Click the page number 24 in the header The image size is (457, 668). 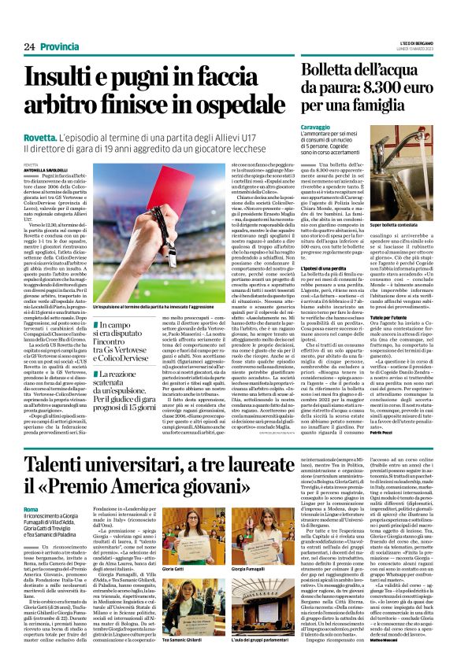pos(30,47)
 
